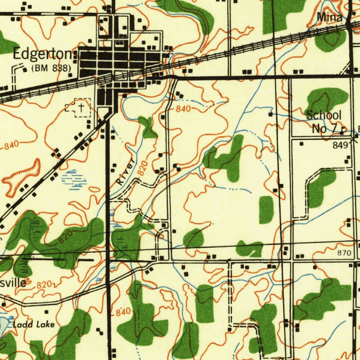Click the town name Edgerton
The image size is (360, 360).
pyautogui.click(x=42, y=55)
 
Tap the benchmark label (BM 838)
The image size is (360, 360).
pyautogui.click(x=51, y=68)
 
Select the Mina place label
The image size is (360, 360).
pyautogui.click(x=329, y=17)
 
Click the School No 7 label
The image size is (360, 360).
pyautogui.click(x=323, y=122)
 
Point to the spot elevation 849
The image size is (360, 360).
pyautogui.click(x=340, y=145)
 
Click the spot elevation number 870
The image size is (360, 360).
pyautogui.click(x=344, y=253)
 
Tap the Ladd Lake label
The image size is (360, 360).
pyautogui.click(x=34, y=324)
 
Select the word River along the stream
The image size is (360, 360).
pyautogui.click(x=126, y=172)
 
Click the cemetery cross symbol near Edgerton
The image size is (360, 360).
pyautogui.click(x=81, y=108)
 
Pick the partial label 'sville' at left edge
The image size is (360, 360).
pyautogui.click(x=13, y=282)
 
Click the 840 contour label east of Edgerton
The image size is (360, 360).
pyautogui.click(x=183, y=109)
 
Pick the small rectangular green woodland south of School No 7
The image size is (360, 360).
pyautogui.click(x=266, y=210)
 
